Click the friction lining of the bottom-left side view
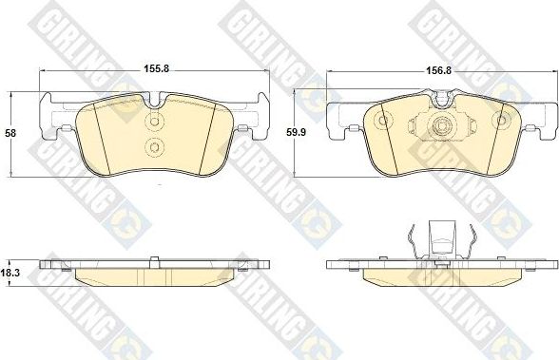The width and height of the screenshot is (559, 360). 156,278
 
